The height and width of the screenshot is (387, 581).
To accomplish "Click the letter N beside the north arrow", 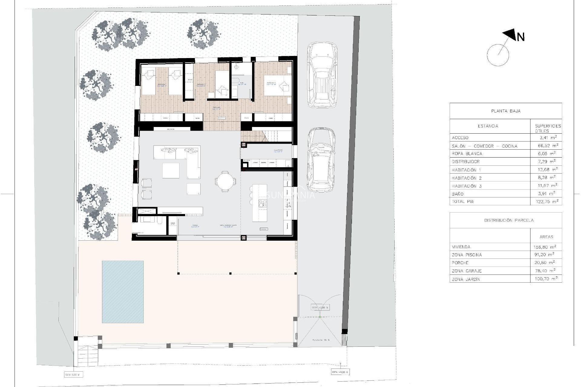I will click(x=520, y=37).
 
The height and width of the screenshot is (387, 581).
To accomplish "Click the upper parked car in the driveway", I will click(x=322, y=75).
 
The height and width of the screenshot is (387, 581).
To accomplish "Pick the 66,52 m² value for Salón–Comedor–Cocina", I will click(x=546, y=146).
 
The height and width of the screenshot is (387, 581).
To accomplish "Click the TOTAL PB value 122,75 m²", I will click(x=546, y=201).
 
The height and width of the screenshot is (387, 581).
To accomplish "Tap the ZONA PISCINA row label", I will click(x=467, y=255).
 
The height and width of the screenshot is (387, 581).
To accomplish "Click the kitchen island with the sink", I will click(x=259, y=203).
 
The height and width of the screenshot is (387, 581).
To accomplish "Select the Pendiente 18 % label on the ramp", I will click(x=321, y=340).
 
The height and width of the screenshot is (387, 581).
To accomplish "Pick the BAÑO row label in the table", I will click(x=458, y=194).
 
